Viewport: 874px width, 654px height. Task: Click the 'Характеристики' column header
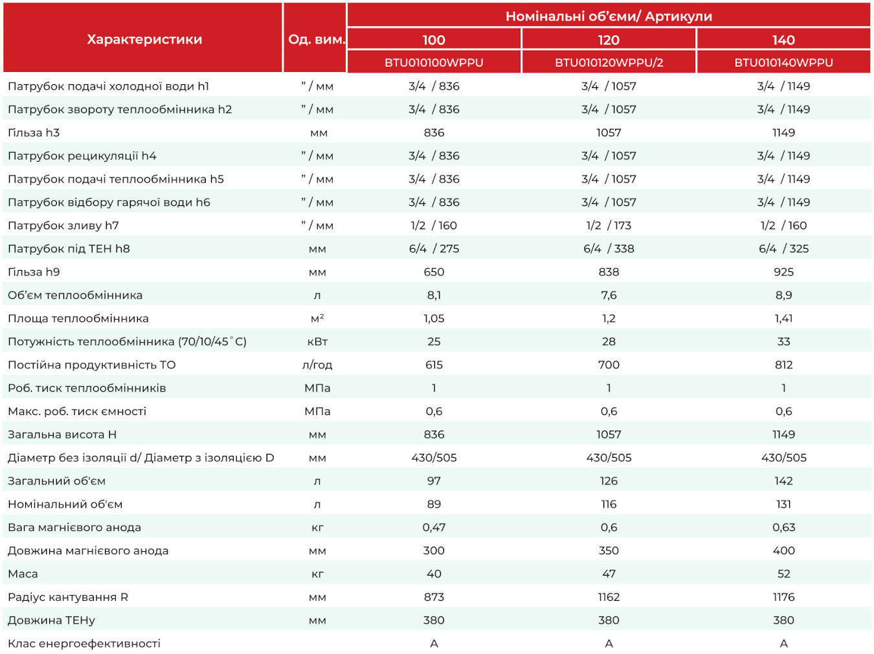(x=144, y=39)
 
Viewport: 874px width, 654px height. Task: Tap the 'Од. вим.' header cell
(x=317, y=39)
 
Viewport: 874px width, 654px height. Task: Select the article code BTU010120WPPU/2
(x=609, y=63)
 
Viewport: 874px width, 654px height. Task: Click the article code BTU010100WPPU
(x=434, y=63)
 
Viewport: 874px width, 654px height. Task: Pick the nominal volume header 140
(x=783, y=39)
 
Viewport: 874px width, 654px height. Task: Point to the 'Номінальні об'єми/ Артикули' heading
(x=609, y=16)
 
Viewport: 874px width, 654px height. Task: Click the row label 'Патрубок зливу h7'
(x=63, y=226)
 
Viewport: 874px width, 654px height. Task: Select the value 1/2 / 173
(x=609, y=226)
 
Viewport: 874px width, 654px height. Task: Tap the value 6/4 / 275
(x=434, y=249)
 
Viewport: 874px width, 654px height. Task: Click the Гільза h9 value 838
(x=609, y=272)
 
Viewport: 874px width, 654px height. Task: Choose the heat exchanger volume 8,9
(x=783, y=295)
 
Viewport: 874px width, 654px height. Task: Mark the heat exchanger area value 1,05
(x=434, y=319)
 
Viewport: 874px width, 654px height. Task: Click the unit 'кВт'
(x=317, y=342)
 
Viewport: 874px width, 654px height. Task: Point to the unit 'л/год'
(x=317, y=365)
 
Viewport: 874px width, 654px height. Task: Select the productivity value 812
(x=783, y=365)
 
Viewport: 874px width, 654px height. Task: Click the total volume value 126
(x=609, y=481)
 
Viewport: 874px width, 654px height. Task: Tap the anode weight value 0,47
(x=434, y=528)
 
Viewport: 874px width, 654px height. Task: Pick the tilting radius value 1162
(x=609, y=597)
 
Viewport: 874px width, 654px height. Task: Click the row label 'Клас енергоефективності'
(x=84, y=644)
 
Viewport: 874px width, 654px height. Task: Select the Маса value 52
(x=783, y=574)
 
